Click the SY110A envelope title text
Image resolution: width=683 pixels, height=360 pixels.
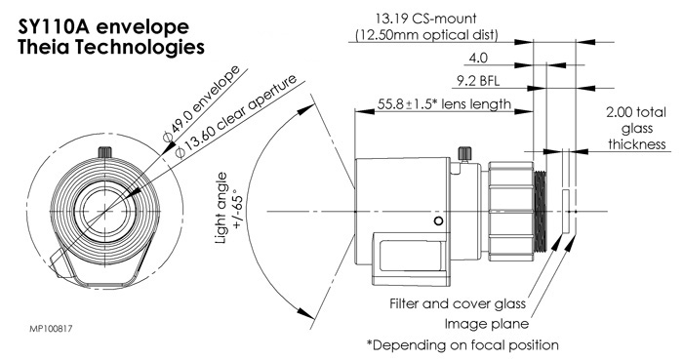103,27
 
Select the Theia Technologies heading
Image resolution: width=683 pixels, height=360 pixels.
111,47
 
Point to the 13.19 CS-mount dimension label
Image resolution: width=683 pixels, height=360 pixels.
426,19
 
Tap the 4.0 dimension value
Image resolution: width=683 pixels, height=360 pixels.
478,58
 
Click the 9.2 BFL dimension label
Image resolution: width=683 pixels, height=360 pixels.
478,81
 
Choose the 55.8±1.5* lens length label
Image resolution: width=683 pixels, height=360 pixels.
444,104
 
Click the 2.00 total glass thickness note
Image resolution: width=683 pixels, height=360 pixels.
636,128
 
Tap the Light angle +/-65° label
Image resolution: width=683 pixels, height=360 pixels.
228,208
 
